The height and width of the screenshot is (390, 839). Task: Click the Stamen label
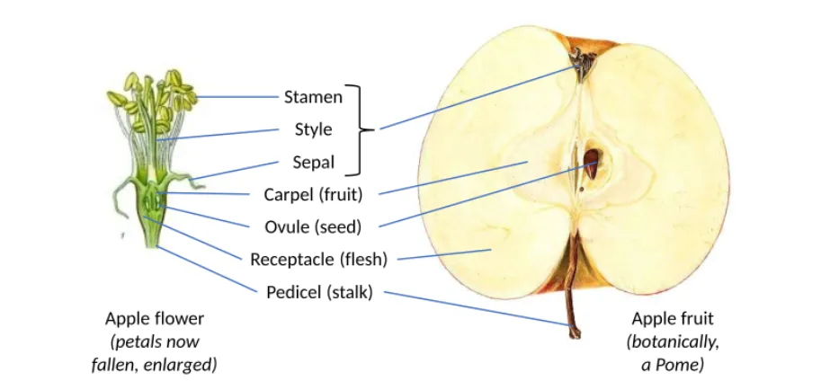pyautogui.click(x=313, y=97)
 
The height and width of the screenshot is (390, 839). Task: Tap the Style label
pyautogui.click(x=314, y=129)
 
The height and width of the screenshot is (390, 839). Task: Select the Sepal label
pyautogui.click(x=314, y=163)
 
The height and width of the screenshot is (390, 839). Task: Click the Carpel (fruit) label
pyautogui.click(x=313, y=195)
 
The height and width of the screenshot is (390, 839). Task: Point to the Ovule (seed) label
pyautogui.click(x=313, y=227)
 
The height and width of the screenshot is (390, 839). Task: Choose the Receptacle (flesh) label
pyautogui.click(x=318, y=260)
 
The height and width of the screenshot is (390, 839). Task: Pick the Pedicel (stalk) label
pyautogui.click(x=319, y=293)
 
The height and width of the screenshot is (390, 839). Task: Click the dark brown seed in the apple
pyautogui.click(x=592, y=164)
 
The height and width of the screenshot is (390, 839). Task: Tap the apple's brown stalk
pyautogui.click(x=571, y=288)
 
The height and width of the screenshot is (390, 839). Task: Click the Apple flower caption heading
pyautogui.click(x=155, y=319)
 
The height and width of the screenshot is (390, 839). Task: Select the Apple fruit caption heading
pyautogui.click(x=673, y=319)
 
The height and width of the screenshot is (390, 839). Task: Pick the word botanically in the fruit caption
pyautogui.click(x=673, y=343)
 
